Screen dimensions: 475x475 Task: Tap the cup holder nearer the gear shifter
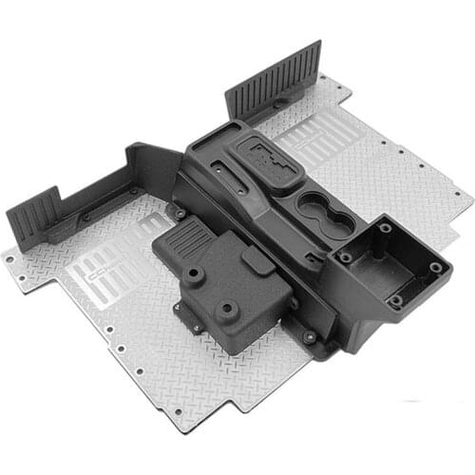(312, 202)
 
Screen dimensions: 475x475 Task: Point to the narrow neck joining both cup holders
(326, 210)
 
